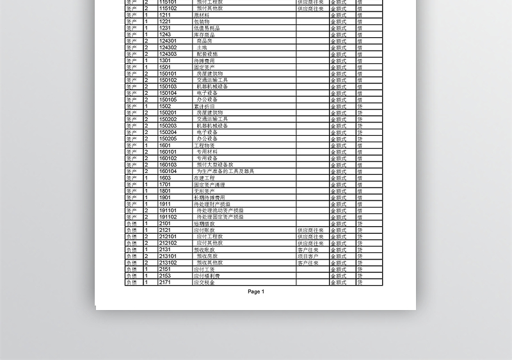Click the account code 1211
tap(165, 15)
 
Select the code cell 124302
tap(168, 47)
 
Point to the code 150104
tap(168, 93)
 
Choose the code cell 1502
tap(165, 106)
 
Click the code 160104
tap(168, 171)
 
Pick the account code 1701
tap(165, 184)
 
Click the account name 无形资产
tap(204, 191)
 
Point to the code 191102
tap(168, 217)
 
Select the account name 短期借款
tap(204, 224)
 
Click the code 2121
tap(165, 230)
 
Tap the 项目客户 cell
tap(308, 256)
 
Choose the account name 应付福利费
tap(207, 275)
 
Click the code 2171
tap(165, 282)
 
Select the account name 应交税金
tap(204, 282)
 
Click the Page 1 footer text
tap(255, 291)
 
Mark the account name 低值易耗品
tap(207, 28)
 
